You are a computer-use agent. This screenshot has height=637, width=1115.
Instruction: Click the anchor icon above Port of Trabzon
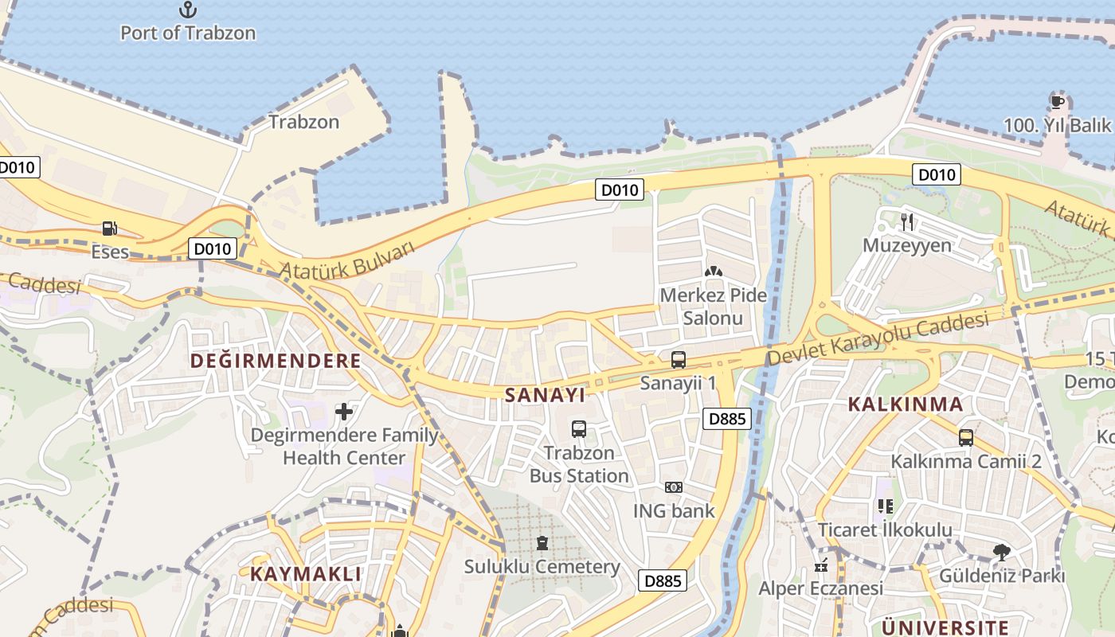coord(188,10)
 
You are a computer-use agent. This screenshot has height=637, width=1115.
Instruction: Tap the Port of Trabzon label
coord(188,33)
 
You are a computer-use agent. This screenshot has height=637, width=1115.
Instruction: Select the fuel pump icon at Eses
coord(109,229)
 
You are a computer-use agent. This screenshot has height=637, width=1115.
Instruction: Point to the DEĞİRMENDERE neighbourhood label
coord(276,361)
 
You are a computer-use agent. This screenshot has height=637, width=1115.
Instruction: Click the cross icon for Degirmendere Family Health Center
coord(344,412)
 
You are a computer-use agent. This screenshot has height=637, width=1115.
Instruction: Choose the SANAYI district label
coord(546,395)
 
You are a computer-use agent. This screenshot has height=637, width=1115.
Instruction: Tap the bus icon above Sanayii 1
coord(679,360)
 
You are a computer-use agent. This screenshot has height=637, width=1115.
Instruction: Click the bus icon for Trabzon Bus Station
coord(579,429)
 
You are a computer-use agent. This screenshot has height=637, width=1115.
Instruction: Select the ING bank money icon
coord(674,487)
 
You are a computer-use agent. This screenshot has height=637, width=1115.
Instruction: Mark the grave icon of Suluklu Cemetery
coord(542,543)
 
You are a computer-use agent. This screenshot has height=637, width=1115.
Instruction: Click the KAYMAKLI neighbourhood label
coord(306,573)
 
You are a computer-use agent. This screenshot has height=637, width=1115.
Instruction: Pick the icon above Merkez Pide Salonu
coord(713,272)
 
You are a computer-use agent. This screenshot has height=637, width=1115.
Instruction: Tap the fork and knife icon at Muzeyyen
coord(907,221)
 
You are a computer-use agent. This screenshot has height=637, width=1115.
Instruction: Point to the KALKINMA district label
coord(906,404)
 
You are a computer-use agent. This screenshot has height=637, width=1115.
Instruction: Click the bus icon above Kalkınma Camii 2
coord(966,438)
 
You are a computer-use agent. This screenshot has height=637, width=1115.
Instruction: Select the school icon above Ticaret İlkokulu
coord(885,506)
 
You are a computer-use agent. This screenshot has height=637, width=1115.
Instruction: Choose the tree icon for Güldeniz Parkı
coord(1002,552)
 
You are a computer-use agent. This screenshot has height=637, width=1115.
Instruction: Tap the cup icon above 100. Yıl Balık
coord(1058,102)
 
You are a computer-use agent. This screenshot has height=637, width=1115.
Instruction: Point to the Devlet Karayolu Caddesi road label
coord(878,338)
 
